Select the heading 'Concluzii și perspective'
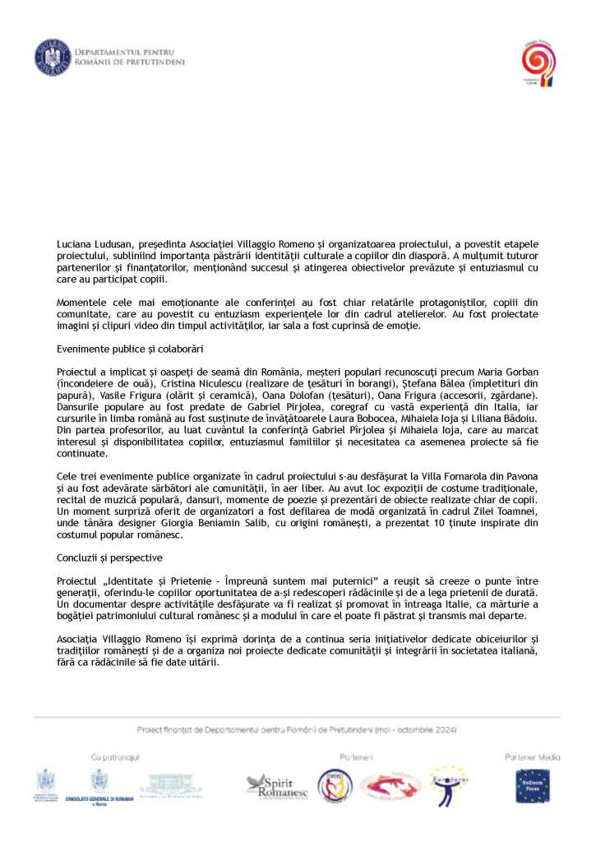104,557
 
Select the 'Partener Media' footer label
533,756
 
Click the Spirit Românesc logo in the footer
275,784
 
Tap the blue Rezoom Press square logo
533,788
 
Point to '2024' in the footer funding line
446,730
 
